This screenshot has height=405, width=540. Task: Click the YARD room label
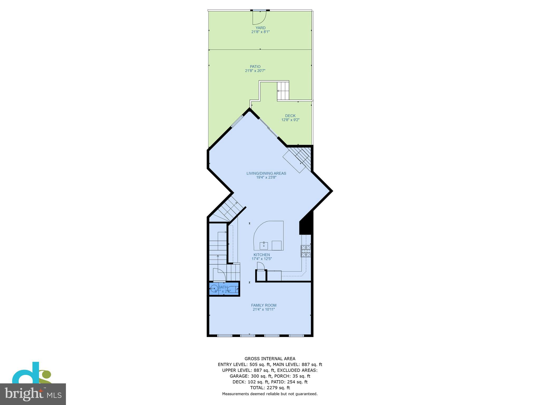260,28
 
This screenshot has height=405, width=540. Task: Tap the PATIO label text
255,67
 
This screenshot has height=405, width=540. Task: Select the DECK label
290,116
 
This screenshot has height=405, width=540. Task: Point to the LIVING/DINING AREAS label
266,173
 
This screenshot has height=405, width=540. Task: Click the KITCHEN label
262,255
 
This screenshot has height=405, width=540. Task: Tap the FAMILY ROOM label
264,305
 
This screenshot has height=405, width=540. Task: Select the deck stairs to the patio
283,91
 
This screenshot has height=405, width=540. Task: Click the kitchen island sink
264,245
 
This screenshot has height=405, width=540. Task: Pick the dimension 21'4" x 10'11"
264,310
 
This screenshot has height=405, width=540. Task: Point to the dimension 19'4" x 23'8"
266,177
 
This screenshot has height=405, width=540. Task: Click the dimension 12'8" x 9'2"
290,120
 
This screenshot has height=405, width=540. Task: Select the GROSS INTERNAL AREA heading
270,359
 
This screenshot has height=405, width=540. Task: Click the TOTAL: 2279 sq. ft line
270,388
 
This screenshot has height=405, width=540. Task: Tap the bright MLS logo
33,394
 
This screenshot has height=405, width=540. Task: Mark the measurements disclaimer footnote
270,394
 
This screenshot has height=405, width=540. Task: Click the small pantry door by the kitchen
260,267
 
